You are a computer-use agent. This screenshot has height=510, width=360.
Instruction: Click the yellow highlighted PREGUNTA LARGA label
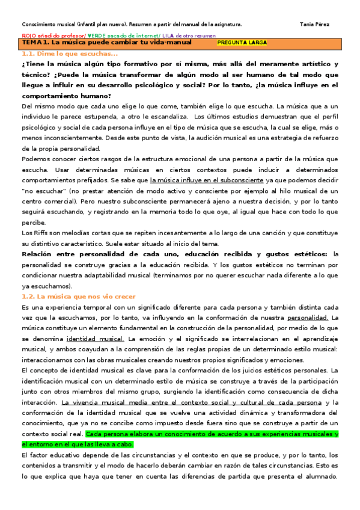[242, 43]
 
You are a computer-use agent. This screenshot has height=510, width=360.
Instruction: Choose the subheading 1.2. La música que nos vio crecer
[78, 296]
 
